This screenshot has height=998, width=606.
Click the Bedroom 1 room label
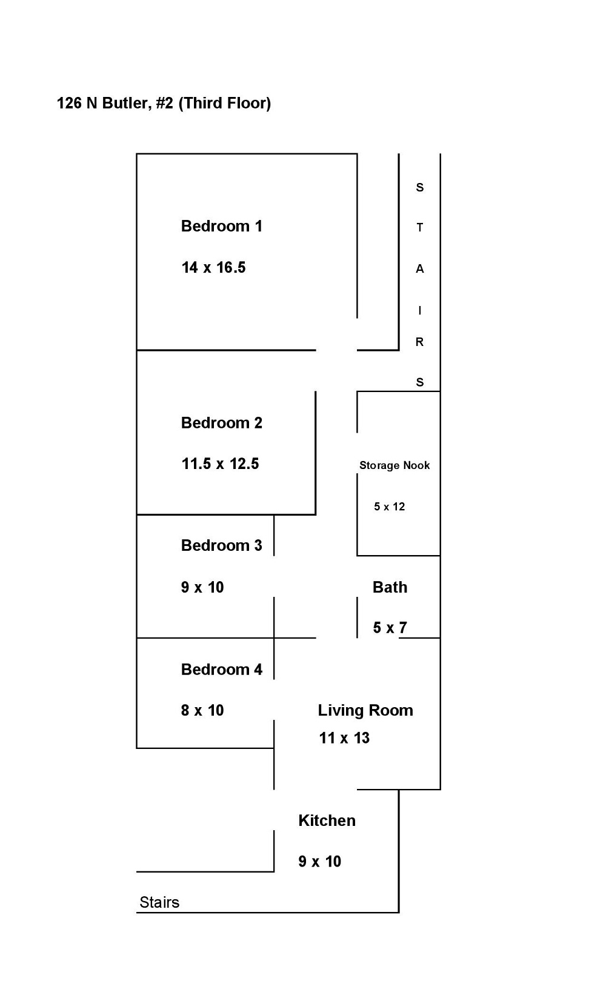(x=221, y=226)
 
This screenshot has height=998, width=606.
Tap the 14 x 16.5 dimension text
(x=213, y=267)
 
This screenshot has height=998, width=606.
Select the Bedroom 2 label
(x=221, y=423)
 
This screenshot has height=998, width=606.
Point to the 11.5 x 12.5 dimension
(x=220, y=464)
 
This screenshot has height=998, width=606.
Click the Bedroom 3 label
(x=221, y=545)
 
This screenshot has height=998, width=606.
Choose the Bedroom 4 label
(x=221, y=670)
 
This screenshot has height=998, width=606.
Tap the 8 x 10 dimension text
(x=202, y=710)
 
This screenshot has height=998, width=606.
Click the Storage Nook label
(x=395, y=465)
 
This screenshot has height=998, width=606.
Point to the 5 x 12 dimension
(x=389, y=507)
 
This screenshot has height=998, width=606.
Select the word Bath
(x=390, y=587)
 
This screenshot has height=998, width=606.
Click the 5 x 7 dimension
(x=390, y=628)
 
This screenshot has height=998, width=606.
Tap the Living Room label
(x=365, y=710)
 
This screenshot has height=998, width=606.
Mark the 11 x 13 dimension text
(x=344, y=738)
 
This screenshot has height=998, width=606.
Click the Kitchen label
(x=327, y=820)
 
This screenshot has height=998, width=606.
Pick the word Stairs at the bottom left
(x=159, y=902)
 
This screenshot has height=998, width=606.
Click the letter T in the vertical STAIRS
(x=419, y=228)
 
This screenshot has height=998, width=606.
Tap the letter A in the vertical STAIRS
(x=419, y=269)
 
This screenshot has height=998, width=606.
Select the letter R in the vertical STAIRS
(x=419, y=342)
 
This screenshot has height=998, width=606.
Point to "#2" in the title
(x=164, y=103)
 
